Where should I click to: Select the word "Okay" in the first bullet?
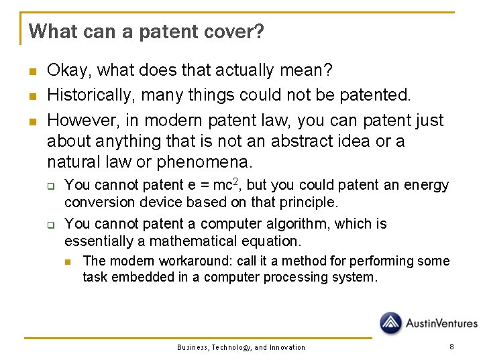pos(64,70)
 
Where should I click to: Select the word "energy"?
pos(428,184)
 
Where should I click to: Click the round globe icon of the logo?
pos(391,323)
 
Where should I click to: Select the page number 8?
pos(451,347)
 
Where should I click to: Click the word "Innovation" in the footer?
pos(288,347)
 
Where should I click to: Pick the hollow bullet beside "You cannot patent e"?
pos(49,186)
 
